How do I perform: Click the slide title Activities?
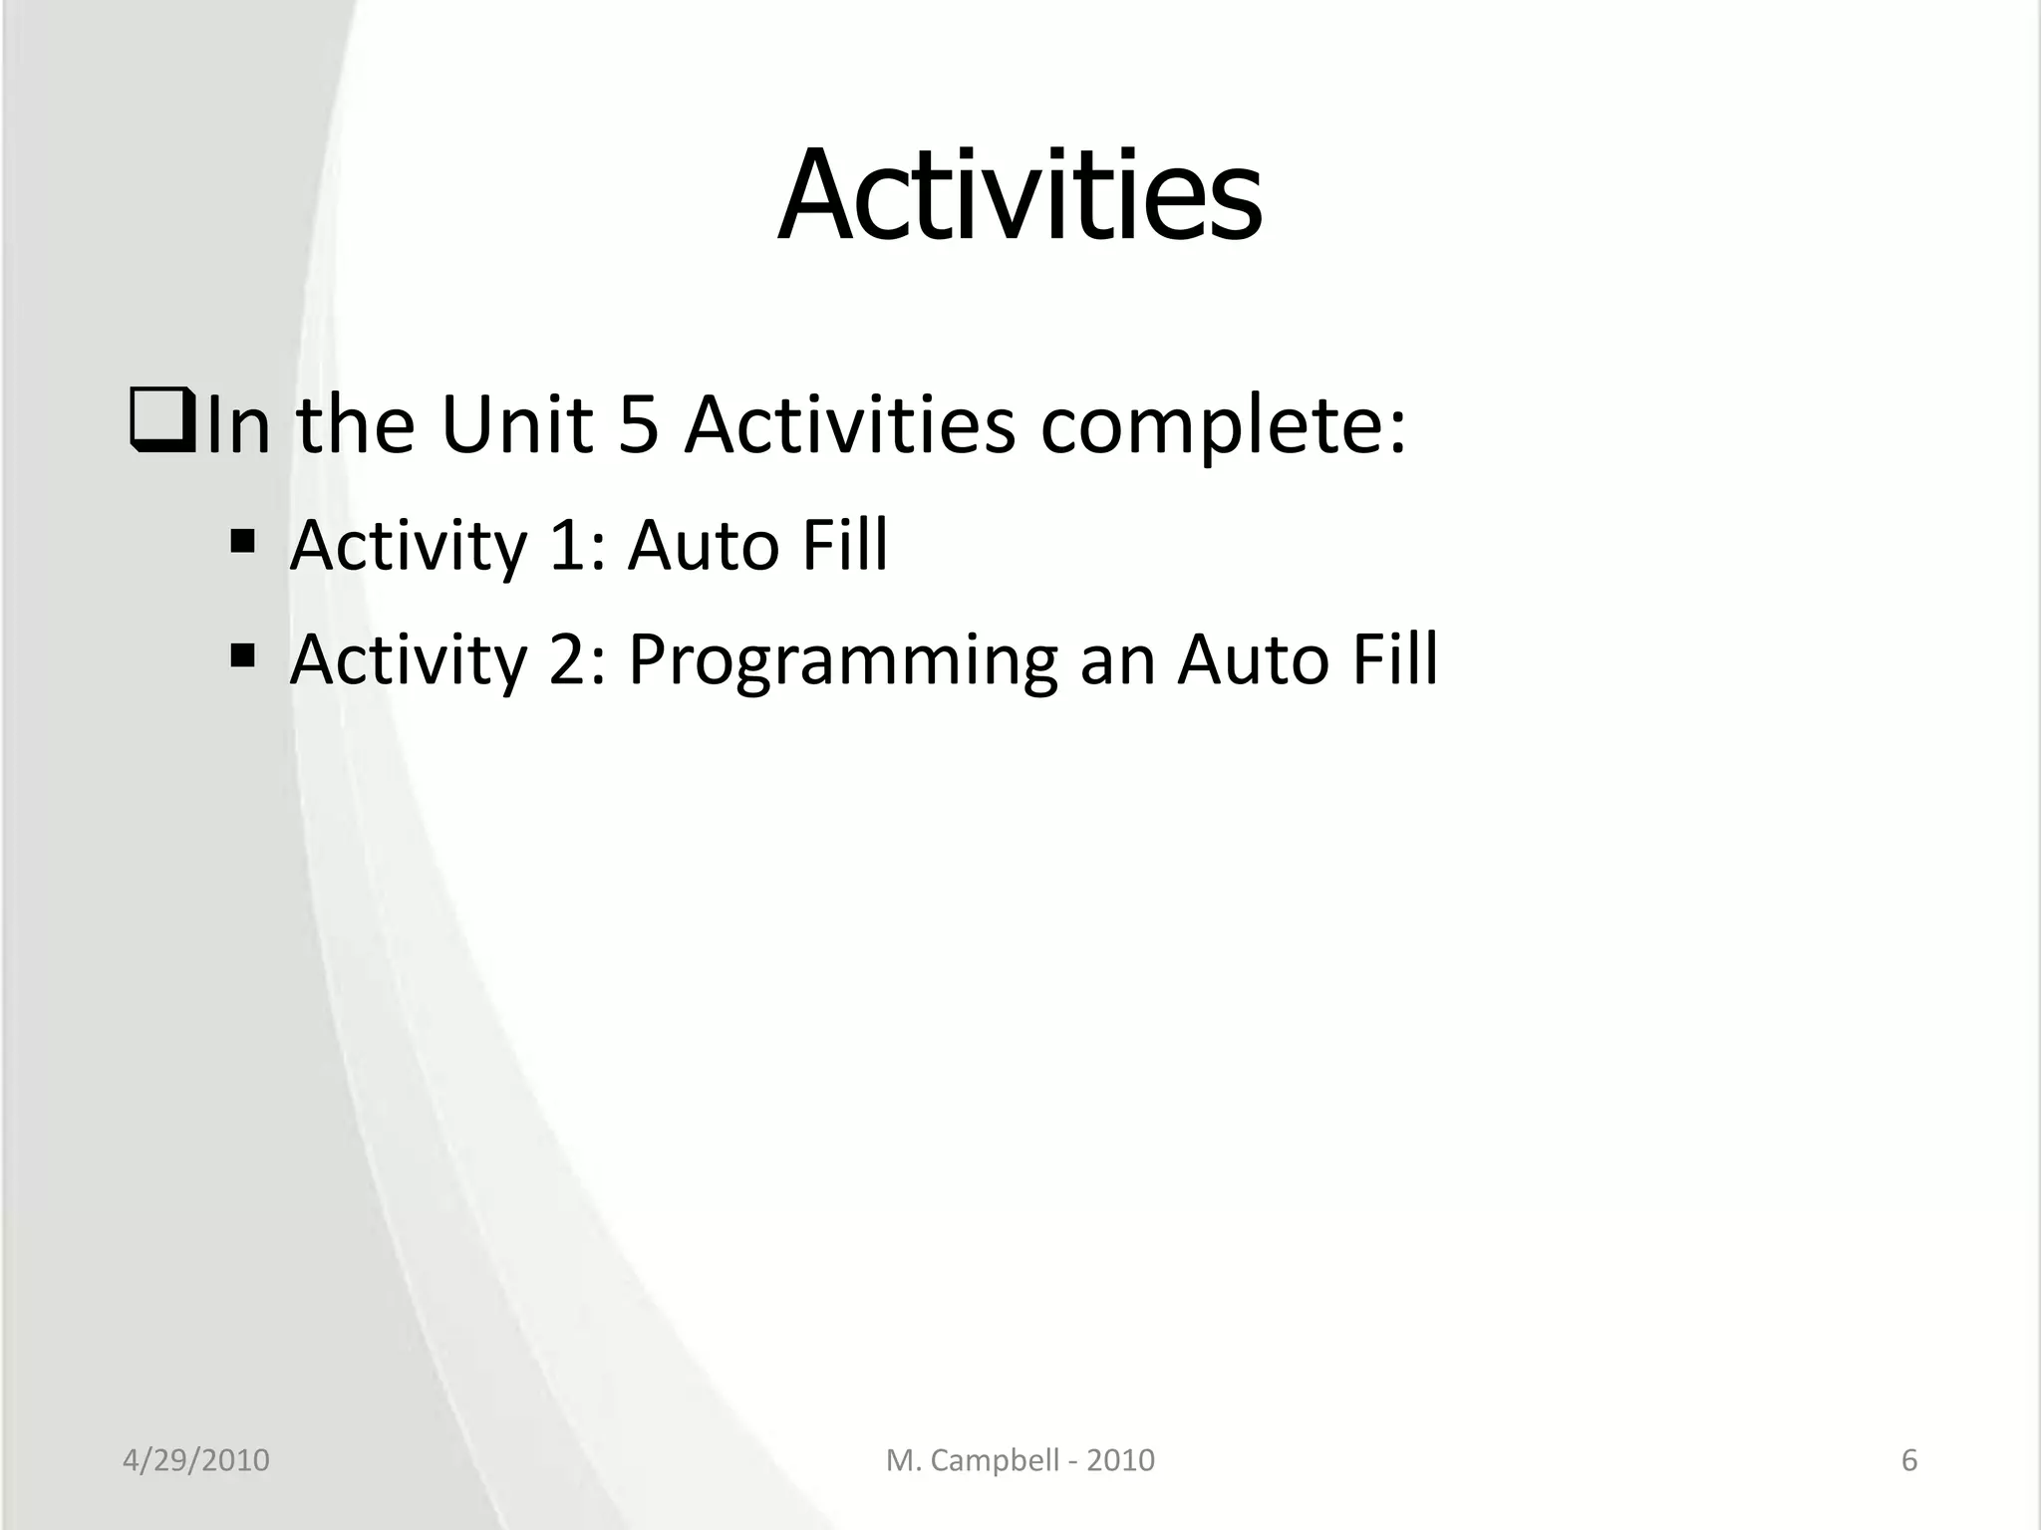coord(1020,195)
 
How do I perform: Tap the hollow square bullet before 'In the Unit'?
coord(160,425)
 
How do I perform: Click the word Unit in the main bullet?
coord(516,425)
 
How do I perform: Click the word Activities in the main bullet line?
coord(849,425)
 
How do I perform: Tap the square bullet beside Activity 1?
coord(242,543)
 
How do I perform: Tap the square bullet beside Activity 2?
coord(242,656)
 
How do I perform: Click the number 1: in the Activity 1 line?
coord(577,546)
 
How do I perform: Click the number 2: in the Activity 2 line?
coord(577,659)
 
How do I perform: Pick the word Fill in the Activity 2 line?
coord(1394,659)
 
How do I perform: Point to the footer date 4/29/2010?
coord(196,1460)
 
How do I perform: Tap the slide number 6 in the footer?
coord(1909,1460)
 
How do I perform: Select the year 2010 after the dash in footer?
coord(1120,1460)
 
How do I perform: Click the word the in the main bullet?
coord(356,425)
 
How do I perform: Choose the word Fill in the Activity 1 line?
coord(845,546)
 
